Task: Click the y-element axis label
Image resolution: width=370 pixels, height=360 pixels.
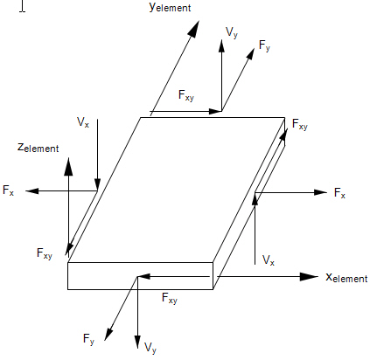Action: point(170,6)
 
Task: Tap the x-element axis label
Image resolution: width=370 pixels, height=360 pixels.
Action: point(346,277)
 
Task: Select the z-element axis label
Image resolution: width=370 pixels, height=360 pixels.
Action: point(38,148)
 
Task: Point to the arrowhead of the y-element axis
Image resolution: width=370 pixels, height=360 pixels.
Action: point(193,29)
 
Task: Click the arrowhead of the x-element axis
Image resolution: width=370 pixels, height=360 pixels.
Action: point(309,277)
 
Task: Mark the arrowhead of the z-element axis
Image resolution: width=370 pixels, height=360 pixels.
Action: point(68,166)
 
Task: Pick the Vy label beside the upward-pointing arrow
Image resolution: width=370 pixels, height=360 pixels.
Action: point(232,32)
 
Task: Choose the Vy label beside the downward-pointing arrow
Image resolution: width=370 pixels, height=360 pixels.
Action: point(150,348)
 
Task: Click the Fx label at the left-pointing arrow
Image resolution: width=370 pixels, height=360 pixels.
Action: point(8,190)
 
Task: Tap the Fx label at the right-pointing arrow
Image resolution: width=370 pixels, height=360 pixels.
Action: point(339,193)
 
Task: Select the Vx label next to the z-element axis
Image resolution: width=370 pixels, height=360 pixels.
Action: point(83,122)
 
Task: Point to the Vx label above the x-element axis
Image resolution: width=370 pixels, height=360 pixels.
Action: point(269,260)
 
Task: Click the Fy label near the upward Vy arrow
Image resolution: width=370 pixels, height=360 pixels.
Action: point(265,45)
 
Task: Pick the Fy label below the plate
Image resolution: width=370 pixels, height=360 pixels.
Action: point(88,339)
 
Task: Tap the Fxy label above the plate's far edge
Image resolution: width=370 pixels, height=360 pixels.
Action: point(186,96)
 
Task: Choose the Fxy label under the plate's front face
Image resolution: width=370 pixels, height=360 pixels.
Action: point(170,298)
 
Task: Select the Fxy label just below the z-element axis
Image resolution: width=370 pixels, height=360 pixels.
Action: point(45,253)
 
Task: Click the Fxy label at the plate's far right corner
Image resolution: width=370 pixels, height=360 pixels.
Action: point(300,125)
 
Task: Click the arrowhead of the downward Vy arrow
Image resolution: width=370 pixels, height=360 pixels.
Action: point(137,342)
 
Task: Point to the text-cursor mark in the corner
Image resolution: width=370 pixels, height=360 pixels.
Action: point(23,6)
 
